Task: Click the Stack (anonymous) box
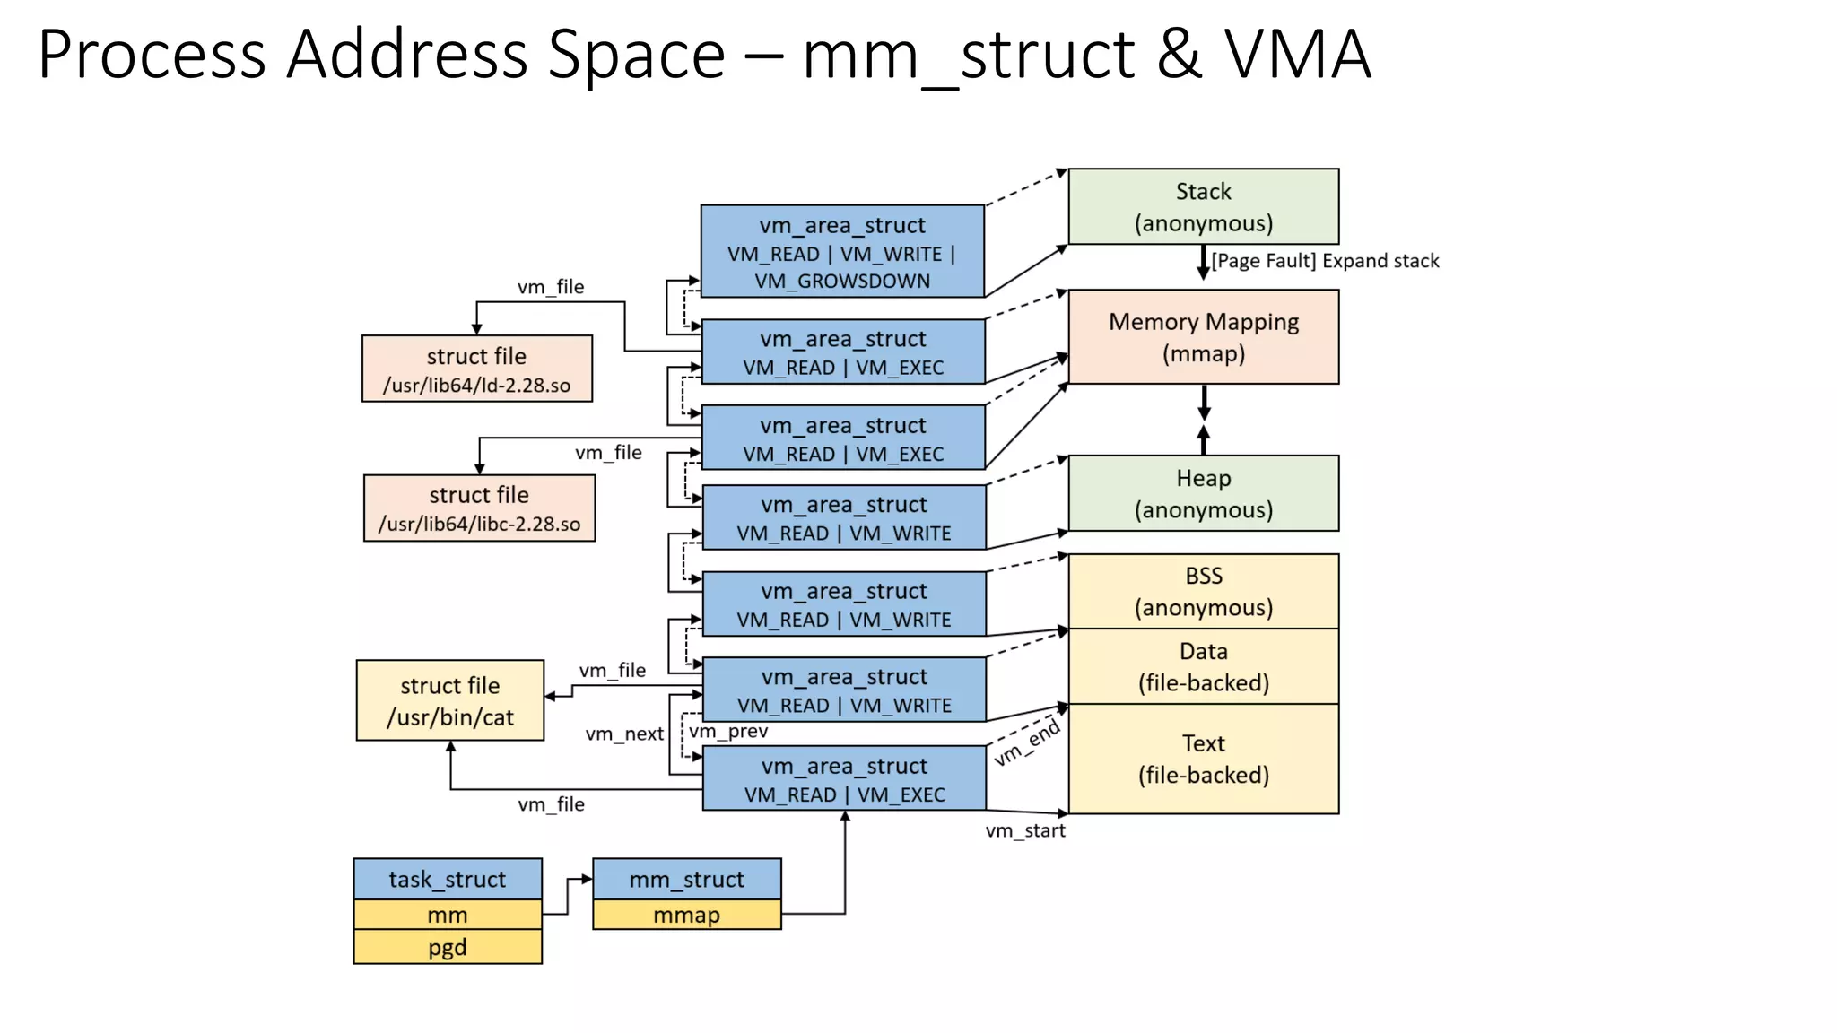tap(1203, 206)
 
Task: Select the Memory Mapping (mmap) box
tap(1203, 336)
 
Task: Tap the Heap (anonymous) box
tap(1203, 493)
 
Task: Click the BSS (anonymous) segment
tap(1203, 591)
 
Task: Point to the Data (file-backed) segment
tap(1203, 666)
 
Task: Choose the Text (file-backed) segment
tap(1203, 759)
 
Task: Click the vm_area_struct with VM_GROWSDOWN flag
tap(842, 252)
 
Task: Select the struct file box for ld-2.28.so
tap(476, 369)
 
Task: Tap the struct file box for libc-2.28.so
tap(479, 508)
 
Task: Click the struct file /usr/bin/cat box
tap(449, 700)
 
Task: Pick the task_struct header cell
tap(447, 879)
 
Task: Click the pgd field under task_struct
tap(447, 947)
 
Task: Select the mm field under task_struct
tap(447, 915)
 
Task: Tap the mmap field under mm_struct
tap(686, 915)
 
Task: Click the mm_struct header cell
tap(686, 879)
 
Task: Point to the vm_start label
tap(1025, 830)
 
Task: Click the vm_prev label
tap(728, 731)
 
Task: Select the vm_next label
tap(624, 734)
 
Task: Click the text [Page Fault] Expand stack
tap(1324, 261)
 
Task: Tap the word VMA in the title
tap(1297, 56)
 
